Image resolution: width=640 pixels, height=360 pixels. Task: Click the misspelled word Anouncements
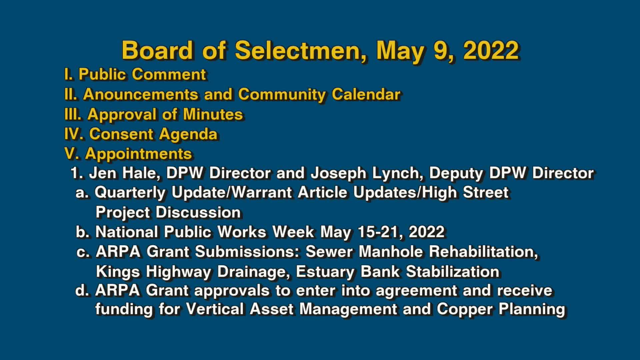point(140,94)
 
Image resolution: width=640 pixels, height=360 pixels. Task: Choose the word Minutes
point(213,114)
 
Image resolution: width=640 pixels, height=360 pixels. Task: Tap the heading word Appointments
point(138,154)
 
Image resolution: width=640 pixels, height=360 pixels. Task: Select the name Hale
point(141,173)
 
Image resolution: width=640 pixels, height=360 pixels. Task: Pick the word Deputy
point(456,173)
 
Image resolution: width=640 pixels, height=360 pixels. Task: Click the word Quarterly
point(130,193)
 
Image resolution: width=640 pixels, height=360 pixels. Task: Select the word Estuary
point(325,271)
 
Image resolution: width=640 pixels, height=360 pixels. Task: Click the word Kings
point(118,271)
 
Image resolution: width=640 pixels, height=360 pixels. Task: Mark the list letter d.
point(82,290)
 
